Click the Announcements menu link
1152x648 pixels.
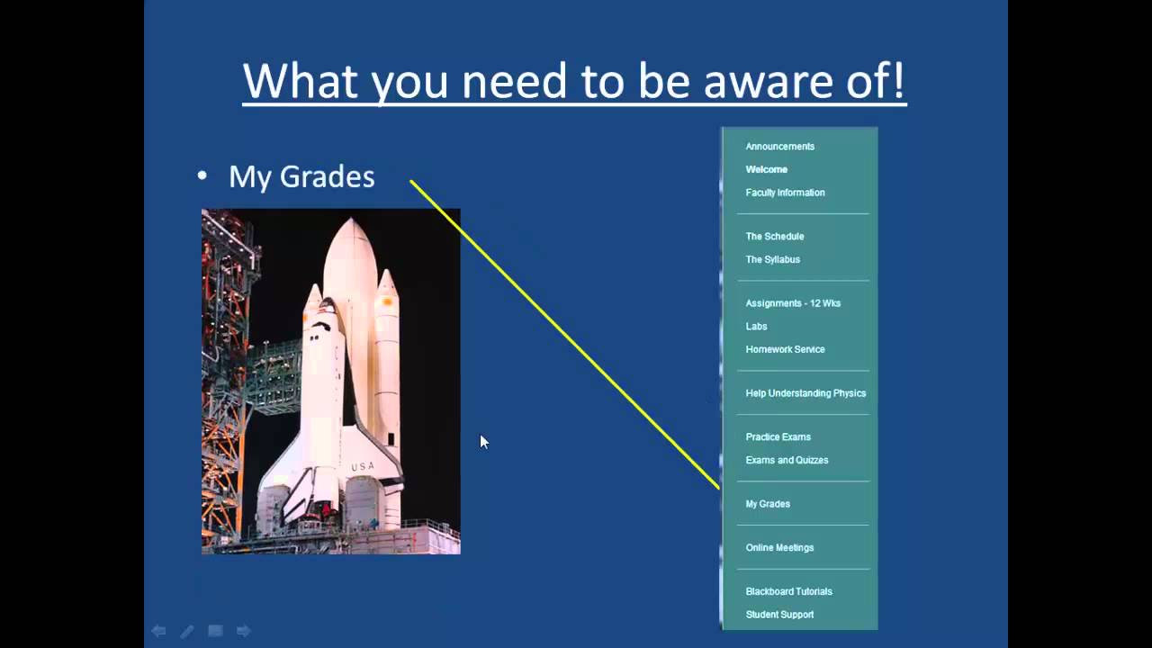click(779, 147)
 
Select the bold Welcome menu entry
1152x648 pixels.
click(766, 169)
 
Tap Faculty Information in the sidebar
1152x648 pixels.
click(785, 193)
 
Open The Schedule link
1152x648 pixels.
click(774, 237)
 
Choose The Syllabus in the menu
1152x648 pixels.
click(772, 259)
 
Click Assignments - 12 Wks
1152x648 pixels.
click(793, 303)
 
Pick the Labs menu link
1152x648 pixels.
click(756, 327)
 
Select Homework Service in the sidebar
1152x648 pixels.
click(785, 349)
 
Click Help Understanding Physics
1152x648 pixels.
click(805, 393)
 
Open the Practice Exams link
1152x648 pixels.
click(778, 437)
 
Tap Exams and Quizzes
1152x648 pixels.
click(787, 460)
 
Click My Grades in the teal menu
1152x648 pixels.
click(768, 504)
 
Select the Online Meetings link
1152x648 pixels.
click(779, 548)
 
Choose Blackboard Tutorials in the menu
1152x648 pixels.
click(788, 592)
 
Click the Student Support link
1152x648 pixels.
click(779, 615)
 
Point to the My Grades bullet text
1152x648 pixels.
click(301, 176)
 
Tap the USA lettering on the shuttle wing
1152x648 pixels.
click(362, 466)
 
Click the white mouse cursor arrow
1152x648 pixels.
click(483, 441)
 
